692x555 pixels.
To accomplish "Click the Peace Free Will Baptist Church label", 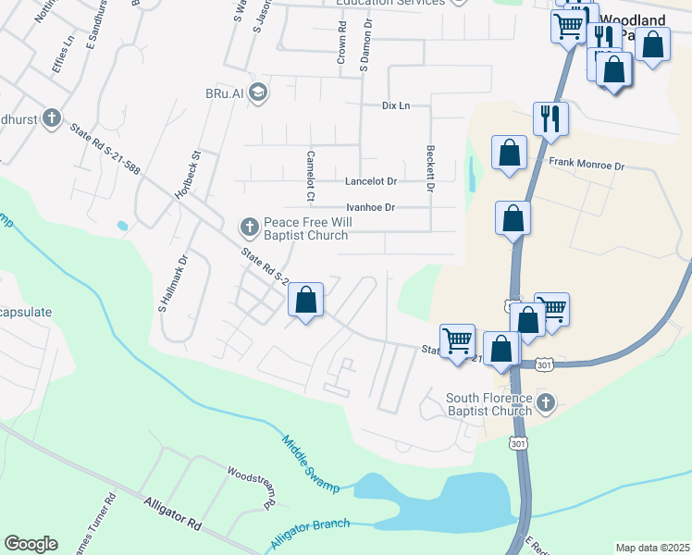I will (305, 228).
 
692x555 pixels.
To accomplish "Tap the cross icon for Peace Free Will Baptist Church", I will (249, 226).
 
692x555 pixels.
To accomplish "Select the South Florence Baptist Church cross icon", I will (546, 402).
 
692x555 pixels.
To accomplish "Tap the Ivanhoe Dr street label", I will (370, 208).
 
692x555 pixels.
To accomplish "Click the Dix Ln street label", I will (396, 105).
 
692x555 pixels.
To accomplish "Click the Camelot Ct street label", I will (311, 176).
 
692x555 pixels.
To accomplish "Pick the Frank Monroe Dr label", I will (587, 165).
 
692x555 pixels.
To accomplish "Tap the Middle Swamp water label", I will (309, 463).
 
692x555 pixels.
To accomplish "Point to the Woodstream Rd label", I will (250, 488).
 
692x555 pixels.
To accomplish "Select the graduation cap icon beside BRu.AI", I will (257, 92).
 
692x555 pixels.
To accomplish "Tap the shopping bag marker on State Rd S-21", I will (306, 301).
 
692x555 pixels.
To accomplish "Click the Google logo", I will (31, 544).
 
